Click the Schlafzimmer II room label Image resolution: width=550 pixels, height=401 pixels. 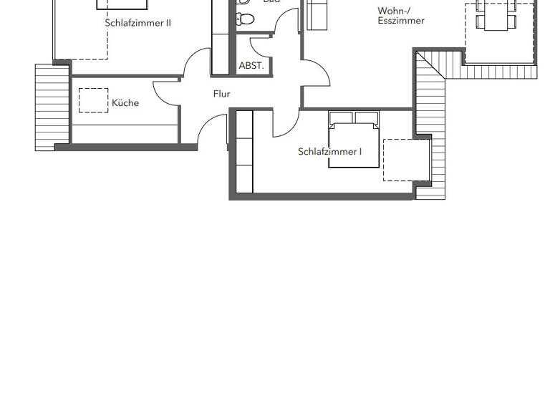[x=137, y=23]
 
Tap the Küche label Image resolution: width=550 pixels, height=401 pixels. [x=125, y=103]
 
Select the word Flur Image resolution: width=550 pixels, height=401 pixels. [x=221, y=94]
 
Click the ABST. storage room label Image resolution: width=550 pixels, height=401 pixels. [x=251, y=66]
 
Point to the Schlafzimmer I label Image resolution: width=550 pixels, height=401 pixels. [x=329, y=152]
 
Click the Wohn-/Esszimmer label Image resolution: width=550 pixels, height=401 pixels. [x=400, y=16]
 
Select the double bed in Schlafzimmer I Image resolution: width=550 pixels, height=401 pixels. [x=354, y=143]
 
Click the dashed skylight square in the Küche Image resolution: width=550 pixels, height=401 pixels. [x=93, y=100]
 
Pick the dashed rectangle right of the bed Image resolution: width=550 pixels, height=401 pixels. [x=406, y=160]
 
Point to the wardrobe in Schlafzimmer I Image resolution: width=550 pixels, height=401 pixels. [x=245, y=152]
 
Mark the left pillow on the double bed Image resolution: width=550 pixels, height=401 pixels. [x=342, y=118]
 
